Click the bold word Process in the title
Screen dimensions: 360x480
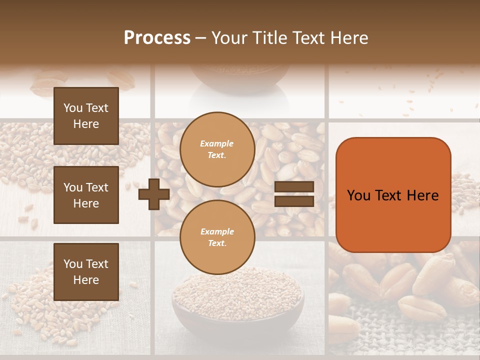157,38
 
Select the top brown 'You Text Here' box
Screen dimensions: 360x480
86,116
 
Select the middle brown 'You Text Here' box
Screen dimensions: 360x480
86,195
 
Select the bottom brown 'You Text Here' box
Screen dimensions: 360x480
86,271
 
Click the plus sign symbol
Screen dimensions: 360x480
153,194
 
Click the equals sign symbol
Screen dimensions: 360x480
294,194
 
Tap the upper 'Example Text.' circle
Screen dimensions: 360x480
217,149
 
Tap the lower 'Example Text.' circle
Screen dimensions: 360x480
217,237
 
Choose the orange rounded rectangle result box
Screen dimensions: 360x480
393,195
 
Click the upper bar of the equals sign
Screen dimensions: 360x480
294,186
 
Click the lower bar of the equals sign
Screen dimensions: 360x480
294,201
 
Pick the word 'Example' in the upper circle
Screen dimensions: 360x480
217,144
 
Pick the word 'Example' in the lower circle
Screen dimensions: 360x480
217,232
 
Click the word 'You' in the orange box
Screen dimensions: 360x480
359,195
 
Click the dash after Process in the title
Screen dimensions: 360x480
201,38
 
